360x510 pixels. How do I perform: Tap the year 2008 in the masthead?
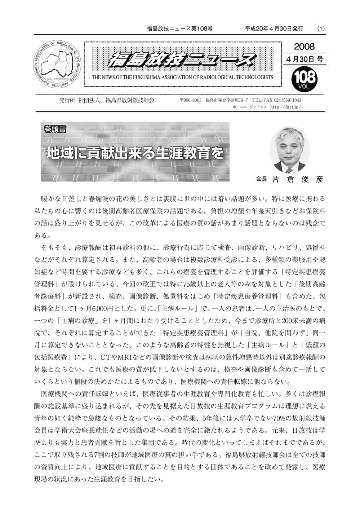click(x=304, y=47)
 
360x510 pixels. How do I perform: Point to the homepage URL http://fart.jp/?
click(x=285, y=107)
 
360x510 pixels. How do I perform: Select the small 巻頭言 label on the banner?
click(x=54, y=129)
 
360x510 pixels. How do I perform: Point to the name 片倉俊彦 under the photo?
click(x=298, y=179)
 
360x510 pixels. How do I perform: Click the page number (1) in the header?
click(x=321, y=28)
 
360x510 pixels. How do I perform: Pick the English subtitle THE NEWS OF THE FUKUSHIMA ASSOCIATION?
click(x=182, y=77)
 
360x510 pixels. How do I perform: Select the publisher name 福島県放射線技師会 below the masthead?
click(x=130, y=100)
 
